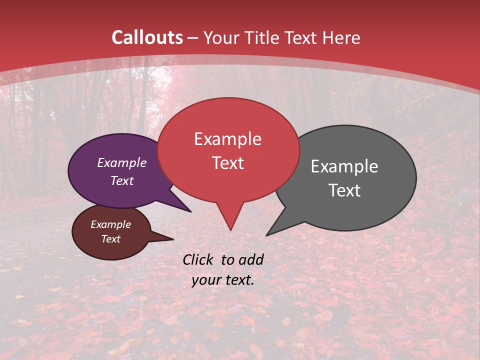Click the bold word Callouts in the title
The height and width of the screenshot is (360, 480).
click(147, 38)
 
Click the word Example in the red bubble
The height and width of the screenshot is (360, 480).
click(227, 139)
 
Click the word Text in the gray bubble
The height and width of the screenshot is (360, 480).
click(344, 190)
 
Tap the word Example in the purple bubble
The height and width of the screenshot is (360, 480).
click(121, 163)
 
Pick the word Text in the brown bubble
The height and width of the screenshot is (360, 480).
click(110, 239)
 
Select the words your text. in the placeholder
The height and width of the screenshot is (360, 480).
click(223, 280)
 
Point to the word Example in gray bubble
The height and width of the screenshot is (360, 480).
click(344, 166)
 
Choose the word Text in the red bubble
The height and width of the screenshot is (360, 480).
click(227, 163)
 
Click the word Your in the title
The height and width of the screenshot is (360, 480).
click(220, 38)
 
